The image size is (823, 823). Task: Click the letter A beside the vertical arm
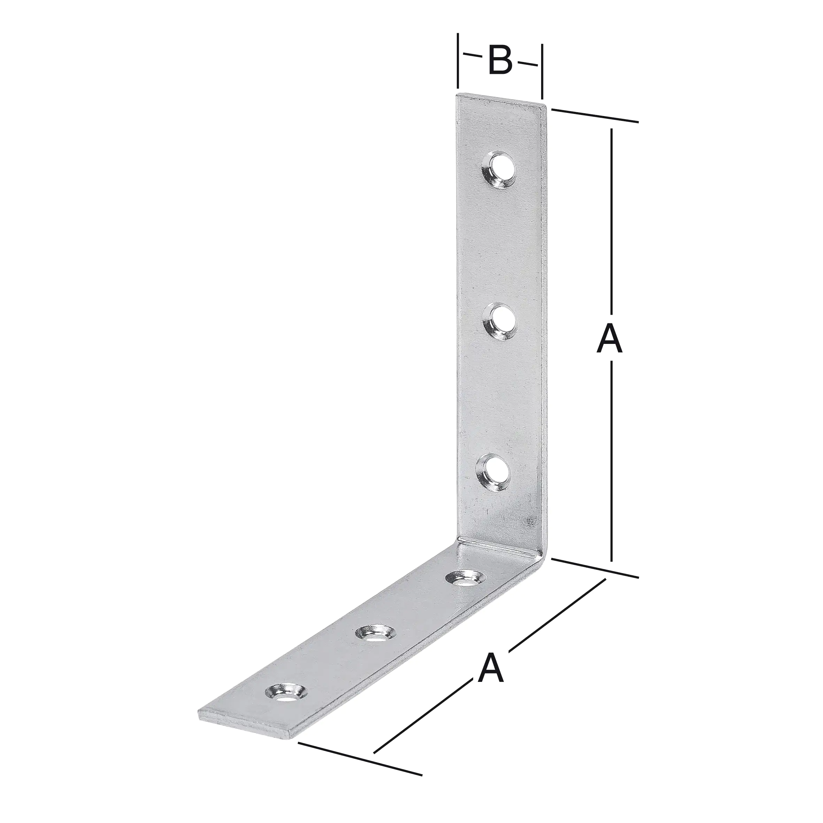[609, 339]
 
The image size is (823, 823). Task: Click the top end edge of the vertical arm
[501, 99]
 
